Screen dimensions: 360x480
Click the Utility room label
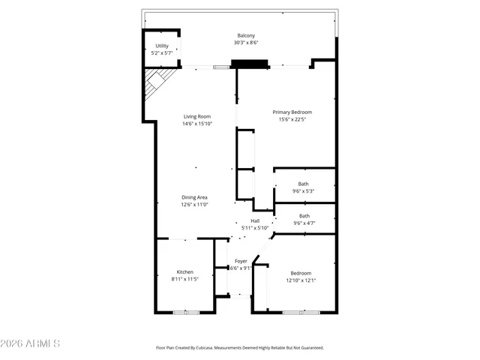162,46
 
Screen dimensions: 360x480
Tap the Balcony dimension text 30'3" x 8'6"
246,43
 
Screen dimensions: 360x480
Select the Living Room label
197,116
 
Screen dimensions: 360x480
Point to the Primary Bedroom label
291,112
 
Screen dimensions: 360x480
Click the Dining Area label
194,197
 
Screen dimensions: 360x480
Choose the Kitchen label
184,271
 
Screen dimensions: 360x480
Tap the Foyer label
241,261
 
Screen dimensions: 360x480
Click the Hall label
255,220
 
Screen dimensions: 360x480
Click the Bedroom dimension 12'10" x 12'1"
301,280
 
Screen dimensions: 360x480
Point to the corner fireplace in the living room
157,82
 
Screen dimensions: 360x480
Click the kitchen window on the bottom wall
184,312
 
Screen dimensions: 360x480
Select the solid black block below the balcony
250,64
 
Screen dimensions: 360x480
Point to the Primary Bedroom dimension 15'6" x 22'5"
291,119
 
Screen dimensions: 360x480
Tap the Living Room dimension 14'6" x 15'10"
197,124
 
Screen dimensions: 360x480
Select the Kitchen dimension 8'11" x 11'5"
184,279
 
